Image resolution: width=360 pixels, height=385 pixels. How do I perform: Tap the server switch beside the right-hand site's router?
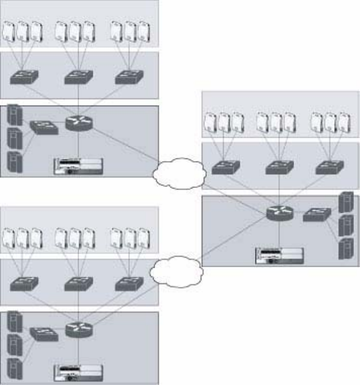tap(317, 214)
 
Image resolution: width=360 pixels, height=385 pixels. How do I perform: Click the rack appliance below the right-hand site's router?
tap(280, 256)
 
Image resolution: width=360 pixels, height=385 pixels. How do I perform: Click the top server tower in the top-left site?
tap(15, 116)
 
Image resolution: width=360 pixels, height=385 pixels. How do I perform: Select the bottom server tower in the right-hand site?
tap(345, 249)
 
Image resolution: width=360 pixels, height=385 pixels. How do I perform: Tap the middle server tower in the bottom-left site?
tap(15, 344)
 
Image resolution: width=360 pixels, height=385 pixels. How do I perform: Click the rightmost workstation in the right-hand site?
tap(344, 123)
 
